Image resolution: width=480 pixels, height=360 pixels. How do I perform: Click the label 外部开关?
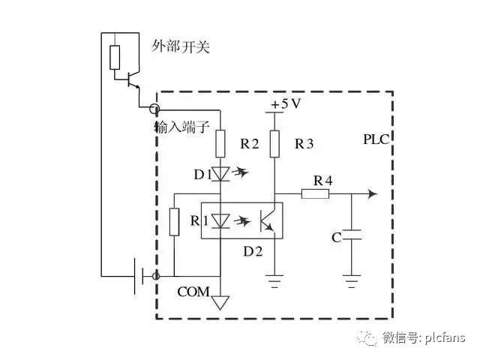tap(180, 47)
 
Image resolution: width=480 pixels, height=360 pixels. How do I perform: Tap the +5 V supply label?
tap(285, 104)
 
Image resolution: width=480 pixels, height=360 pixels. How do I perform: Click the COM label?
tap(193, 291)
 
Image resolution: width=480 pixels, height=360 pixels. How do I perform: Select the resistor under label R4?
tap(316, 194)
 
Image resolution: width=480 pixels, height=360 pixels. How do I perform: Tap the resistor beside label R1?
tap(174, 221)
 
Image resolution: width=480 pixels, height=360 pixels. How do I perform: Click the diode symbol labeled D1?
tap(220, 175)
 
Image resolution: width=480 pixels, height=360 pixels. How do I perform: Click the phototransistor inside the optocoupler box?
tap(267, 220)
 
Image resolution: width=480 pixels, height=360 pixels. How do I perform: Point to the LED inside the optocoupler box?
tap(220, 220)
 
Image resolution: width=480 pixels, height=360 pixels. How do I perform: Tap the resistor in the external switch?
tap(114, 58)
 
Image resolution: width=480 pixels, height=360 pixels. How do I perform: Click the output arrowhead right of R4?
tap(372, 194)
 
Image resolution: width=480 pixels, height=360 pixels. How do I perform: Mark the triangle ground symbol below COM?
tap(220, 302)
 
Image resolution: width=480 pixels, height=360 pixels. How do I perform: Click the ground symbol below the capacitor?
tap(351, 283)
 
